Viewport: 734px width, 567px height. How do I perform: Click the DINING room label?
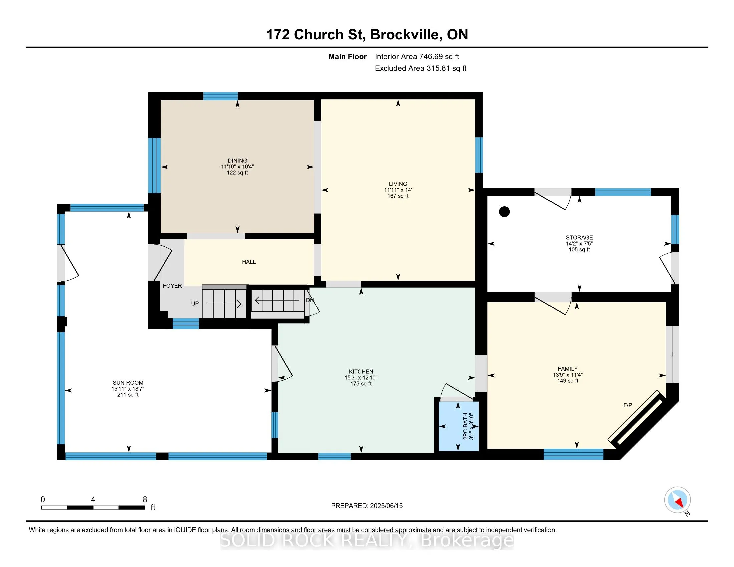pos(237,160)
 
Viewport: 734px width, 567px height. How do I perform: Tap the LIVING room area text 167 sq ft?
pos(398,196)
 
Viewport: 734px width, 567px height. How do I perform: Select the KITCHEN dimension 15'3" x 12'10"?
pos(361,377)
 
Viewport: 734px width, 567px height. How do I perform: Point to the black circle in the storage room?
pos(504,211)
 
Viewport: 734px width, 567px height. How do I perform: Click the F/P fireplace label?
pos(628,405)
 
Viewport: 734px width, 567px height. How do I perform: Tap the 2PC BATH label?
pos(465,426)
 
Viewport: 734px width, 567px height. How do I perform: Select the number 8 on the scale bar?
pos(145,500)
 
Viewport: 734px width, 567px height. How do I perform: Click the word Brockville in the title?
pos(405,34)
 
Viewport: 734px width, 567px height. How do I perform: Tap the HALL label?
pos(249,262)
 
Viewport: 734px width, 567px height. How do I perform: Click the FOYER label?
pos(172,286)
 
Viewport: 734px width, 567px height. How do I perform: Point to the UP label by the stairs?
pos(195,303)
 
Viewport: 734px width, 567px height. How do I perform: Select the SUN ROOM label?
pos(128,383)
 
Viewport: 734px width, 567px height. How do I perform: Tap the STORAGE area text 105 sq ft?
pos(579,249)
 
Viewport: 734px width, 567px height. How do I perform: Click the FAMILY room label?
pos(568,369)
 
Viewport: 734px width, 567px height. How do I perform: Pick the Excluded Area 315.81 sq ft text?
pos(421,68)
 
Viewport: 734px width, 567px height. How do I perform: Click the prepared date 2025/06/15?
pos(386,506)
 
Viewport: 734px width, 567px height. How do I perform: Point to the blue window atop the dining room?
pos(220,96)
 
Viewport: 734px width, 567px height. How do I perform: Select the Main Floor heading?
pos(348,57)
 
